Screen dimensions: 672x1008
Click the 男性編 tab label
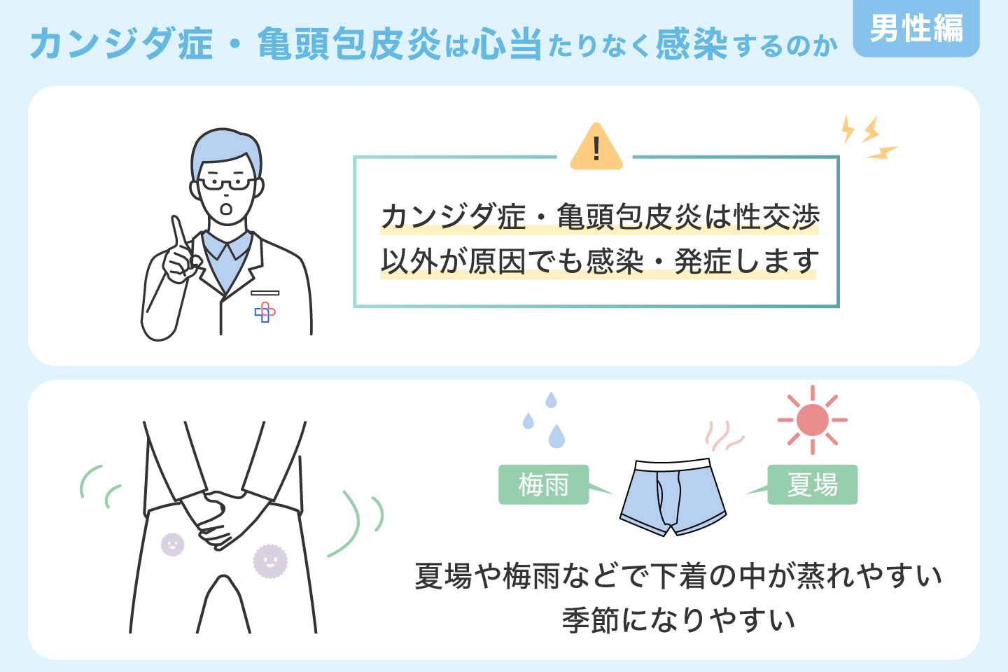(x=916, y=29)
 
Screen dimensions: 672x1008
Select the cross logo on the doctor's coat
(x=265, y=312)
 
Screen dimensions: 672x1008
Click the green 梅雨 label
(x=543, y=484)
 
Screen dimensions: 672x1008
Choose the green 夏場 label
(x=812, y=484)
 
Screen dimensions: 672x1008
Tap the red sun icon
(x=812, y=420)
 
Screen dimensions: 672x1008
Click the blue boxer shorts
(x=673, y=497)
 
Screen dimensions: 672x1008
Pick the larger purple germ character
(x=270, y=561)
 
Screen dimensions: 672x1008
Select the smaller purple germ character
(x=172, y=544)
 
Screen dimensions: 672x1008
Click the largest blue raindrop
(x=556, y=437)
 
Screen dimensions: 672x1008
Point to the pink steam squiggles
(x=722, y=436)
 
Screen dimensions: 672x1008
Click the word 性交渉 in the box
(x=776, y=217)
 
